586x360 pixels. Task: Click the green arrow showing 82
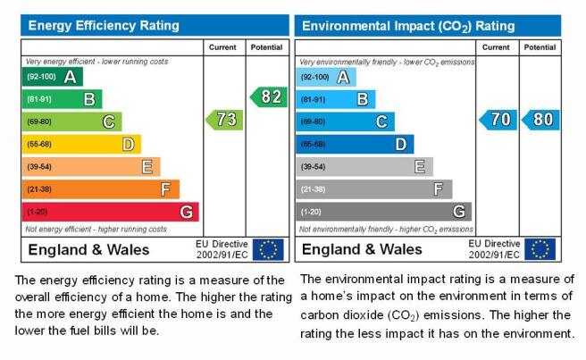pos(269,96)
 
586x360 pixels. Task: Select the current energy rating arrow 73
pos(224,120)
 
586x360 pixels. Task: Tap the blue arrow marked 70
pos(498,120)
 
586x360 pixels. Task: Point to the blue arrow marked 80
pos(540,120)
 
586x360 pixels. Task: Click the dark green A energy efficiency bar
pos(53,77)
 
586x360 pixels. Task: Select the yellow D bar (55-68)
pos(81,145)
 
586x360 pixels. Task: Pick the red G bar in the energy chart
pos(110,212)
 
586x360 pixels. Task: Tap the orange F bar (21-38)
pos(101,189)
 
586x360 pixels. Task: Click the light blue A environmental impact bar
pos(326,78)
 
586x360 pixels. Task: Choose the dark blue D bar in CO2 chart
pos(355,145)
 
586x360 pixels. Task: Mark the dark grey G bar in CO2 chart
pos(384,212)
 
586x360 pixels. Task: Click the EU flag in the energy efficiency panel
pos(268,249)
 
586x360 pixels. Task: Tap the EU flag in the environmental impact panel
pos(540,249)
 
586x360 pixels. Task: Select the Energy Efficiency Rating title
pos(104,25)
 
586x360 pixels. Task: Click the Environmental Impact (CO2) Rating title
pos(408,26)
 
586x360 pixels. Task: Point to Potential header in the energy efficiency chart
pos(266,47)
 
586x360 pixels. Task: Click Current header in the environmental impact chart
pos(496,47)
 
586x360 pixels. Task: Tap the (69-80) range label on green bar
pos(39,121)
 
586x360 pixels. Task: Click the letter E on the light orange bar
pos(146,167)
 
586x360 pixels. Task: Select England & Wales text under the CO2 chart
pos(362,249)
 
